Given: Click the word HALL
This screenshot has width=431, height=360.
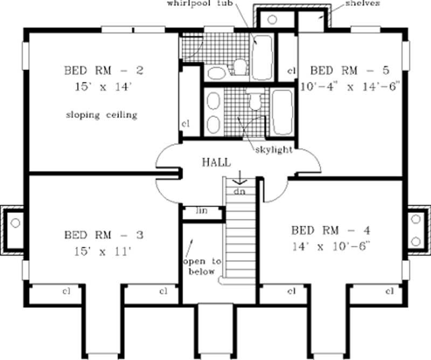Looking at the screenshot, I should click(x=217, y=162).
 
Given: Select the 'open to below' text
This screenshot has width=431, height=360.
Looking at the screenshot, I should click(x=202, y=266).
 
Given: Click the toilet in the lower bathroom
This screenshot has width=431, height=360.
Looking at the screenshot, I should click(x=254, y=101).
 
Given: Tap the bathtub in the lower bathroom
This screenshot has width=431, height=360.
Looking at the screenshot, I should click(x=282, y=112).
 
